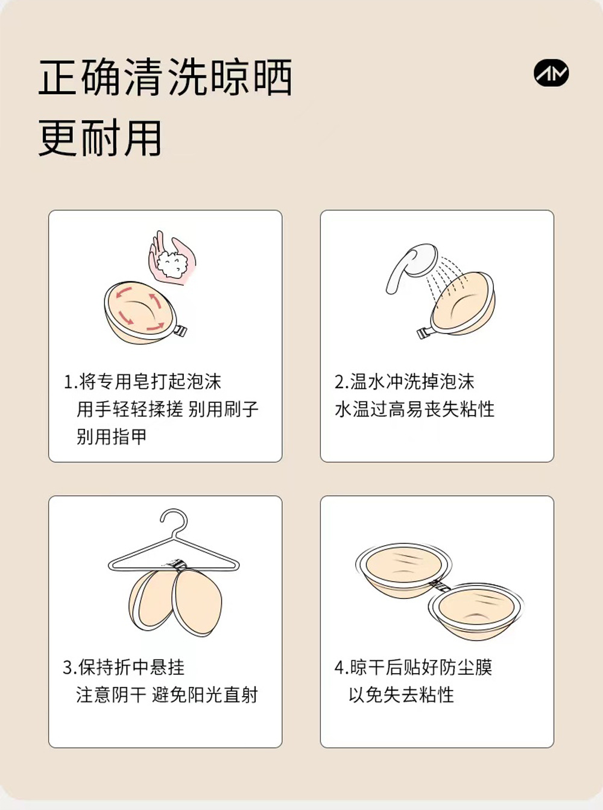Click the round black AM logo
click(551, 73)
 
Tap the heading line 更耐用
click(100, 138)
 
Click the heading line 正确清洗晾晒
click(165, 77)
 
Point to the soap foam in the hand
click(172, 264)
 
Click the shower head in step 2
click(412, 266)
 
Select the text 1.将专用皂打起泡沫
click(142, 382)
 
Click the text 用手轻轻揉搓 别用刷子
click(168, 409)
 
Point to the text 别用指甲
click(112, 436)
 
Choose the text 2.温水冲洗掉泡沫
click(405, 382)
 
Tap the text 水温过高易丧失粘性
click(414, 409)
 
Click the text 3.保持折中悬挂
click(124, 667)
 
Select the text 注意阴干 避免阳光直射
click(167, 695)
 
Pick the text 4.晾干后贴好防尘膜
click(414, 667)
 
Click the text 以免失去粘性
click(402, 695)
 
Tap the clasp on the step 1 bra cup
click(180, 331)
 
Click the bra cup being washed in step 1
click(140, 312)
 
